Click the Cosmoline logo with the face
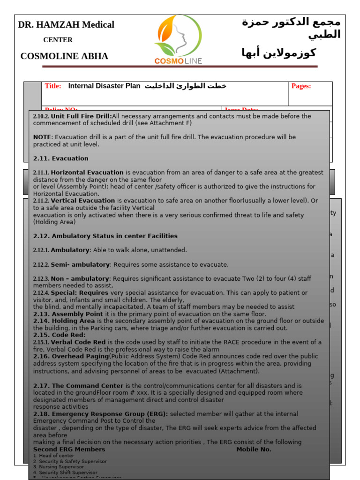tap(178, 39)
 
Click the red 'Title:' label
tap(53, 86)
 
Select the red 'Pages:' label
tap(301, 86)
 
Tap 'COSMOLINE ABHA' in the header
tap(64, 56)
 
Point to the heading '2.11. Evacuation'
tap(61, 158)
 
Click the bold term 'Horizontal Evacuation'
tap(87, 172)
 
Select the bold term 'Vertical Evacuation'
tap(83, 201)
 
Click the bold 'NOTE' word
tap(42, 137)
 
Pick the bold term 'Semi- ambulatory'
tap(80, 264)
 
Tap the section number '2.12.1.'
tap(41, 250)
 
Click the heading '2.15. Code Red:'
tap(60, 335)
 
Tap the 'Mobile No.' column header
tap(254, 449)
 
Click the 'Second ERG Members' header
tap(69, 449)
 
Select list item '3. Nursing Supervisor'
tap(59, 467)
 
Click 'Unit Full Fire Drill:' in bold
tap(82, 116)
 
